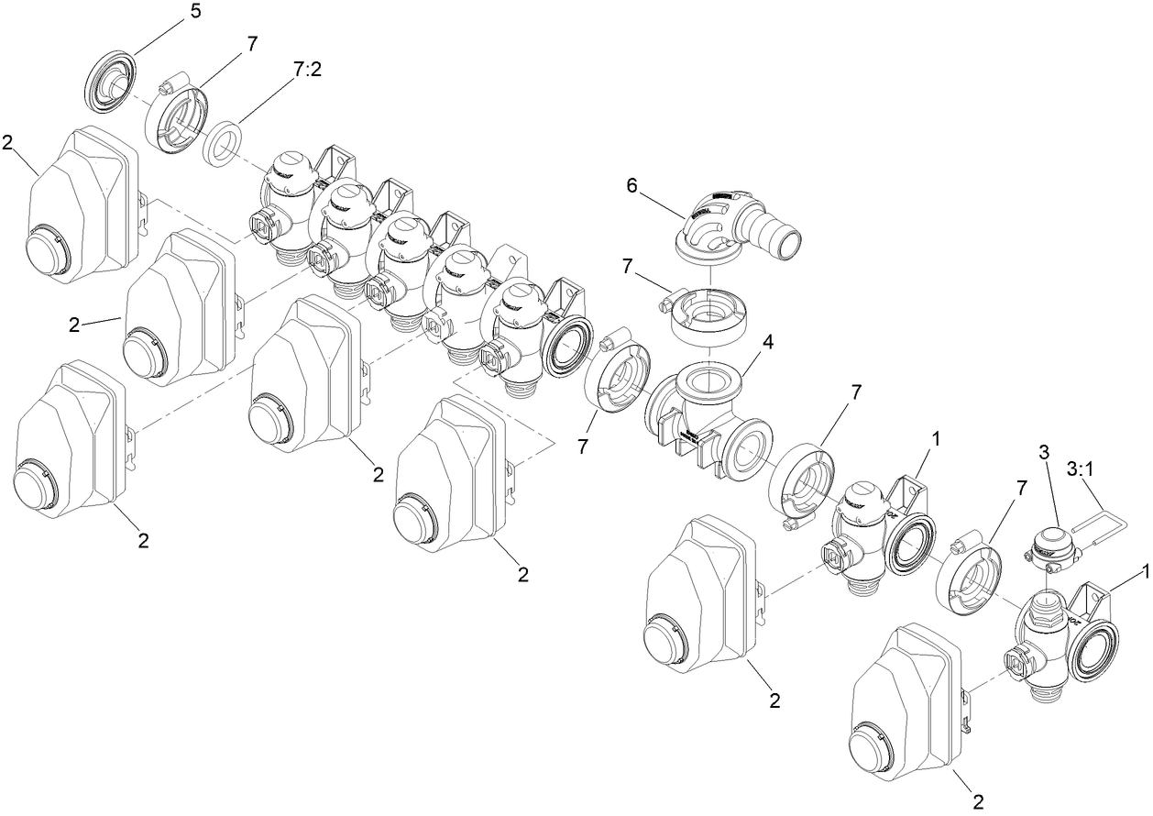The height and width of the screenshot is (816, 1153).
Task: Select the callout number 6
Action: pyautogui.click(x=631, y=185)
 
